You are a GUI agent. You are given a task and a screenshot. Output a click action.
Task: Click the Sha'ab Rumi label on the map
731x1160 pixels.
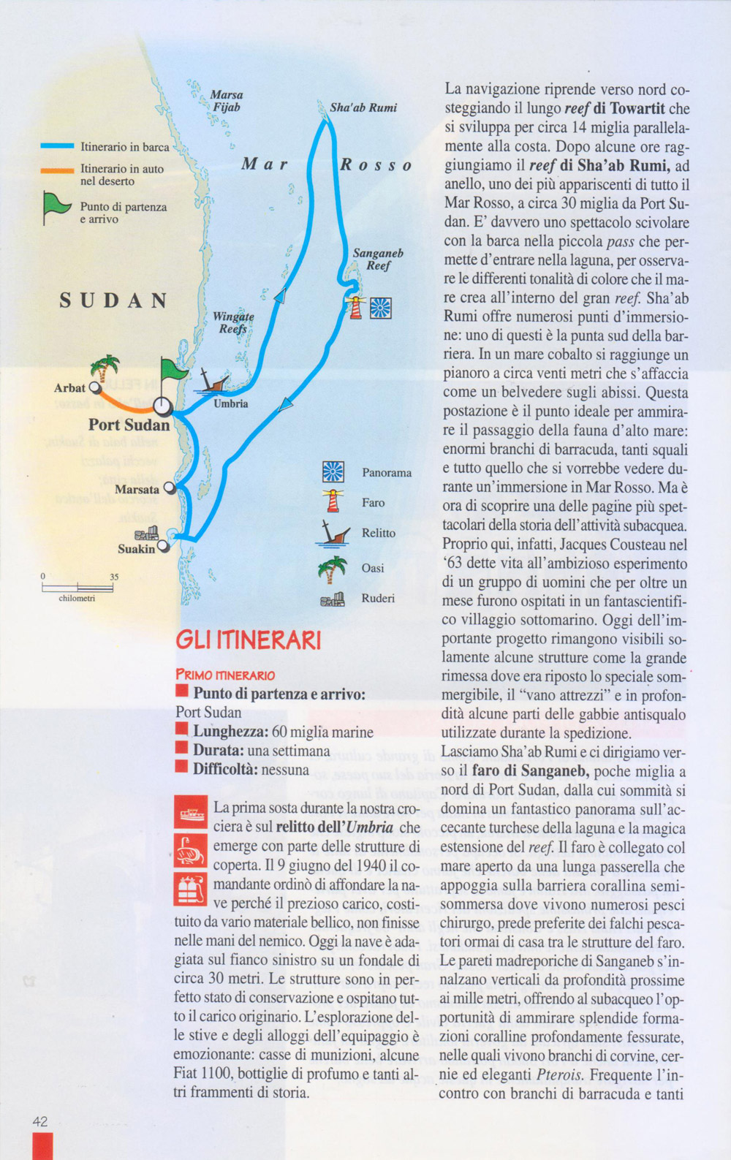pos(363,107)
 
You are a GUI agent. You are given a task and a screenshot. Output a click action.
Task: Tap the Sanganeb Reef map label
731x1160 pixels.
pos(378,259)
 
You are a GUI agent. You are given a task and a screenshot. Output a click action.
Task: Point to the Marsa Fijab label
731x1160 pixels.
pos(227,101)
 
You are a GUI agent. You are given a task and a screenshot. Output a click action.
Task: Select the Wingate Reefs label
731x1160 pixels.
pos(233,322)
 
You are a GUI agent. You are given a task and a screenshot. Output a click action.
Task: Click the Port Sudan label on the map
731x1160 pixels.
pos(129,425)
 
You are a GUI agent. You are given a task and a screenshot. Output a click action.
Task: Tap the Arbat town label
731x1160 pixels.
pos(69,388)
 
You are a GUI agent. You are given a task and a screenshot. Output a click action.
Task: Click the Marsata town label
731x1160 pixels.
pos(137,490)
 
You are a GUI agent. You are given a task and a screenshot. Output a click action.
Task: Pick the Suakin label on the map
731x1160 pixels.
pos(137,549)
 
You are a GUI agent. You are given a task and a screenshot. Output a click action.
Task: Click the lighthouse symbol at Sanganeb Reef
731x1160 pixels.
pos(356,307)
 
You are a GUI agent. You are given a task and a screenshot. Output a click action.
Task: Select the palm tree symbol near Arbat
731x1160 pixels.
pos(105,368)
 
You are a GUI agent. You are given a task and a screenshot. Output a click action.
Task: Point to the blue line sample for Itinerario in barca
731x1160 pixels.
pos(57,147)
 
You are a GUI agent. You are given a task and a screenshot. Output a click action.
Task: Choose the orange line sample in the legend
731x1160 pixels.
pos(57,170)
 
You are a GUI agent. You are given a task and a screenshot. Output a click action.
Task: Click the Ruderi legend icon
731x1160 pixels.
pos(332,599)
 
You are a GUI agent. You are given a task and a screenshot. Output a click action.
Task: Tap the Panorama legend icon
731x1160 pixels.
pos(333,472)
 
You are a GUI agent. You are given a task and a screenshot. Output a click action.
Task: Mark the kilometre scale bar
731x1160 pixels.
pos(77,587)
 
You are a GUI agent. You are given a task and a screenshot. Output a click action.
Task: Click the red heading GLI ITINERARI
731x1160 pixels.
pos(249,641)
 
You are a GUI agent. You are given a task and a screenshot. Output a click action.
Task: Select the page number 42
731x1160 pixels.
pos(40,1121)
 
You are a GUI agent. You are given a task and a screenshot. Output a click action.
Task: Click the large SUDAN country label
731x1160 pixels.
pos(113,301)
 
